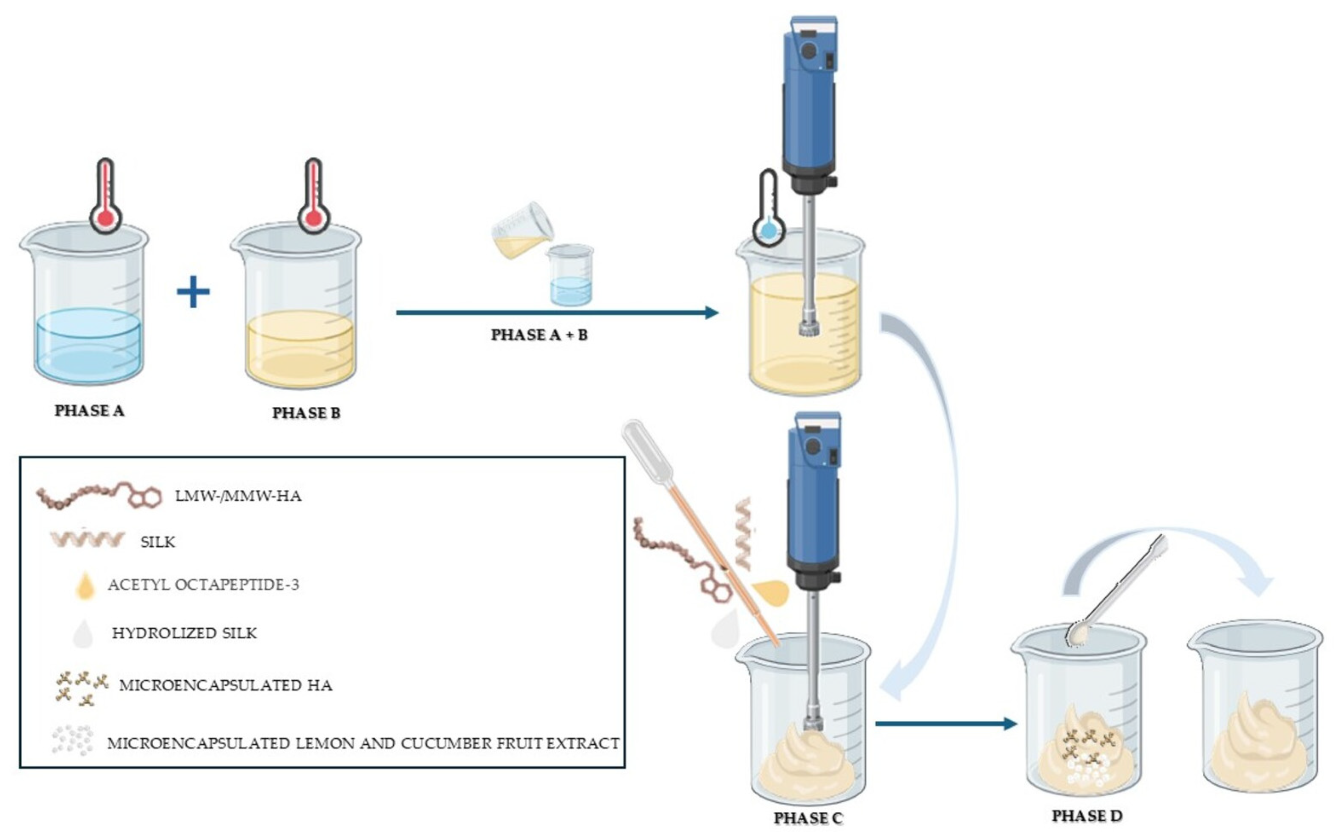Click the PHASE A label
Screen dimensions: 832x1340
[x=89, y=411]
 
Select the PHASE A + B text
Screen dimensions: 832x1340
[x=539, y=335]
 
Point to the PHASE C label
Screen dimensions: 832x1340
[x=807, y=818]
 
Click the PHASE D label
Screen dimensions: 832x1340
[x=1087, y=816]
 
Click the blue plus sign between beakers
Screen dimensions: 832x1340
[x=193, y=292]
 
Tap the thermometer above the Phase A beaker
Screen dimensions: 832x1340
[x=106, y=195]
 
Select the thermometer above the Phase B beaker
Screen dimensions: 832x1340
[x=313, y=195]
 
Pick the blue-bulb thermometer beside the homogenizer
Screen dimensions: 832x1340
[x=768, y=209]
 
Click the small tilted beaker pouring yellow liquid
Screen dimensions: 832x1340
[x=521, y=230]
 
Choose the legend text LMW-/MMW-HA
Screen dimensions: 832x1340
[x=238, y=496]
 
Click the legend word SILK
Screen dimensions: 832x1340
[x=158, y=542]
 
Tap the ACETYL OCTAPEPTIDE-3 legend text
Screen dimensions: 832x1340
[x=204, y=585]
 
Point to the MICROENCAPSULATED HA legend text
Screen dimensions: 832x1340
[x=226, y=685]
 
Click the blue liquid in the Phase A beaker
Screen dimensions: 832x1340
[x=88, y=346]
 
